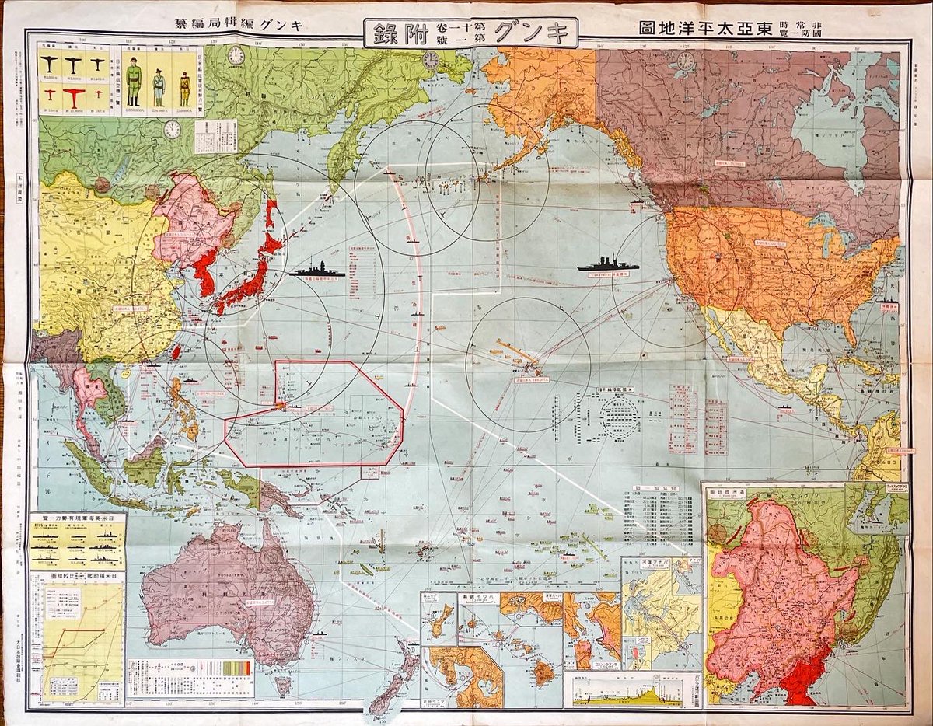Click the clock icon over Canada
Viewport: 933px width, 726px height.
685,61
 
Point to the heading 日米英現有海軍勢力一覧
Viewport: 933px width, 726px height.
77,518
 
